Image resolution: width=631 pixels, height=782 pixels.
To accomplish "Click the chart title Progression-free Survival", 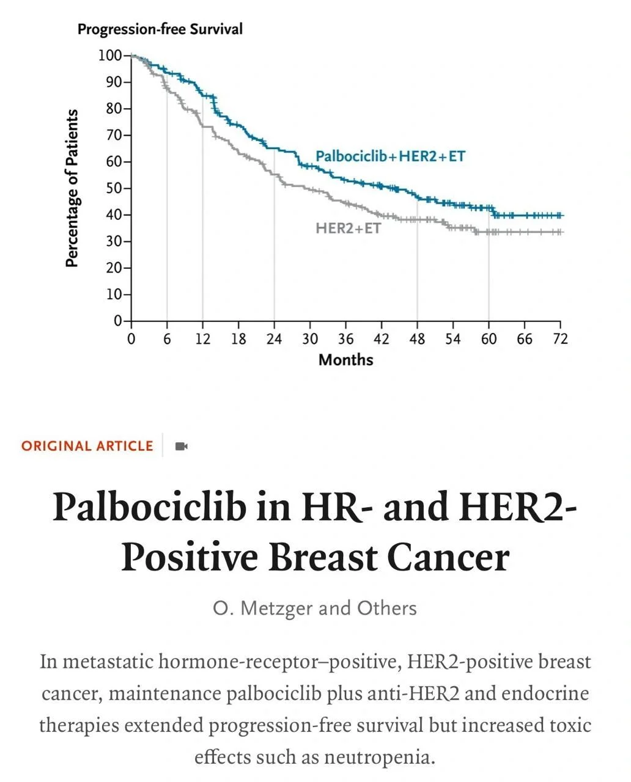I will click(x=160, y=29).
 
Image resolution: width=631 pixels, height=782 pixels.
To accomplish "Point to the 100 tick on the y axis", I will click(x=111, y=56).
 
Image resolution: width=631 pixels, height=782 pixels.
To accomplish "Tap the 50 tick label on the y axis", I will click(x=114, y=188).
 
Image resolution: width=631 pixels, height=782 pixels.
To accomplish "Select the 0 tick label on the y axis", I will click(x=119, y=321).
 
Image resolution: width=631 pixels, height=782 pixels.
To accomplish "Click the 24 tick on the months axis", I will click(x=274, y=339).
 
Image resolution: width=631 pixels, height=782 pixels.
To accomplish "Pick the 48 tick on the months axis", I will click(x=417, y=339).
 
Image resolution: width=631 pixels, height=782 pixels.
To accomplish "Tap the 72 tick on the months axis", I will click(x=560, y=339).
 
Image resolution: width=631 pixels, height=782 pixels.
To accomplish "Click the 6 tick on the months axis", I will click(x=167, y=339).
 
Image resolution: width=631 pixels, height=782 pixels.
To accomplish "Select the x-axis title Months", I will click(x=345, y=359).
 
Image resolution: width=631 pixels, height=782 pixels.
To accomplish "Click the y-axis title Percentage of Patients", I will click(x=72, y=188).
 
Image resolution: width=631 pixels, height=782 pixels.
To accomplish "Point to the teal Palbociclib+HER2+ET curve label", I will click(x=390, y=156).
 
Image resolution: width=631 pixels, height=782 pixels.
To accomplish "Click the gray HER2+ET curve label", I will click(x=348, y=228).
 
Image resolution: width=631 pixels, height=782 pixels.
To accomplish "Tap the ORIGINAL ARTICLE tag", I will click(x=87, y=446).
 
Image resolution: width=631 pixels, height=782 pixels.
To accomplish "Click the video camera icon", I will click(x=181, y=446).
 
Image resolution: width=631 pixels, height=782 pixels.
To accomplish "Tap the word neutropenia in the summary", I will click(x=375, y=758).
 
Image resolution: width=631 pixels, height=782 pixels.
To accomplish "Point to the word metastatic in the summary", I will click(x=110, y=662).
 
